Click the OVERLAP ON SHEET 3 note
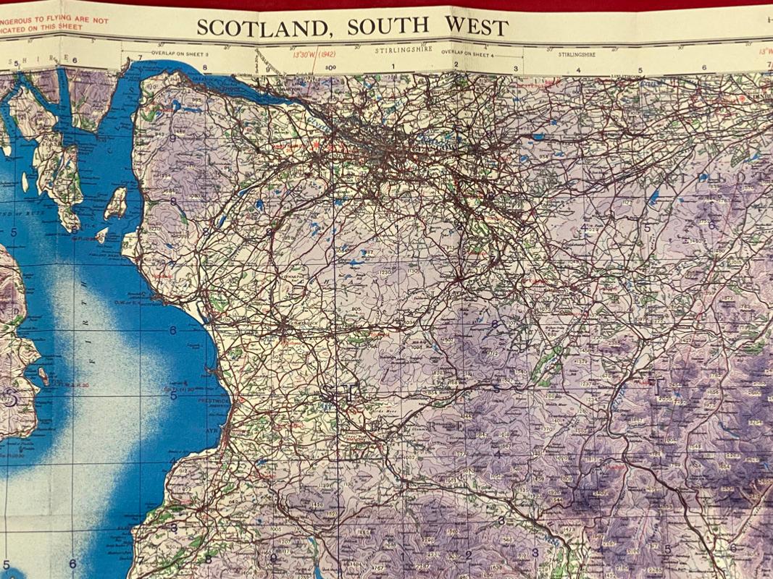pyautogui.click(x=180, y=54)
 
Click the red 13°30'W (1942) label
pyautogui.click(x=314, y=54)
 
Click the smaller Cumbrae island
pyautogui.click(x=102, y=236)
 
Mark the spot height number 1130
pyautogui.click(x=414, y=271)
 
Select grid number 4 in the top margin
pyautogui.click(x=578, y=70)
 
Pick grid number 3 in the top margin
pyautogui.click(x=516, y=69)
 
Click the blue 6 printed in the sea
pyautogui.click(x=172, y=331)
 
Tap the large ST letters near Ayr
pyautogui.click(x=340, y=394)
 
